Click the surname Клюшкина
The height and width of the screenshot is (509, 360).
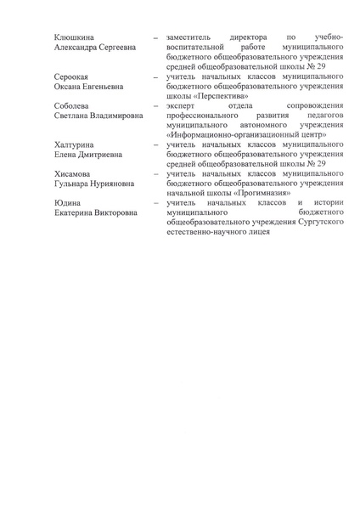click(74, 37)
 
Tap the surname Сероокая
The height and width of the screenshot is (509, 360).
click(71, 76)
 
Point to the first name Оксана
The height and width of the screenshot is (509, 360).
click(69, 87)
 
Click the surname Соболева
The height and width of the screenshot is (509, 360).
click(71, 105)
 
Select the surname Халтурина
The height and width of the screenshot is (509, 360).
click(75, 144)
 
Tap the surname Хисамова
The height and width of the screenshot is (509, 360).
click(73, 173)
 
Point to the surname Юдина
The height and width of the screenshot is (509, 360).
click(67, 202)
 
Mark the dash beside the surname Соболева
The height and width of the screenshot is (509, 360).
click(155, 106)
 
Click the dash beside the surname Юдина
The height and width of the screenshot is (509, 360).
click(155, 203)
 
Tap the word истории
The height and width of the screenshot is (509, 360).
click(327, 202)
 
